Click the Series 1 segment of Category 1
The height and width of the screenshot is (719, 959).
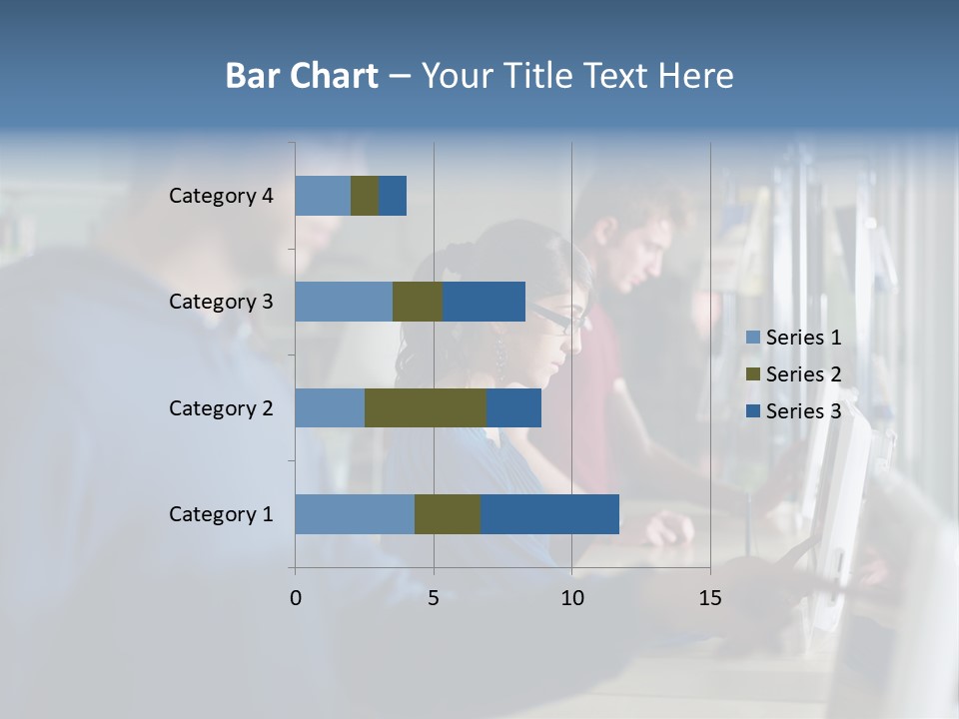pos(355,514)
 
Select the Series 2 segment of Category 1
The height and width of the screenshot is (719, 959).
pos(448,514)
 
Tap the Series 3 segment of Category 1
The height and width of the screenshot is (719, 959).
pos(549,514)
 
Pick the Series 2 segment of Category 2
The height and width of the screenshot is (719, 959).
pos(426,407)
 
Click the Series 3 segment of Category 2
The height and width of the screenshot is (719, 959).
pos(513,407)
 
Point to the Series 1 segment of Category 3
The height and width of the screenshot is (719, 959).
pos(344,302)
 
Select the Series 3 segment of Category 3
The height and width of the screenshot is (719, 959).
pos(483,302)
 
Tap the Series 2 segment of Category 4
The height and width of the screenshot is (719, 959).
pos(365,196)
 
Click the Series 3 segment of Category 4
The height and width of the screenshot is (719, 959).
pos(393,196)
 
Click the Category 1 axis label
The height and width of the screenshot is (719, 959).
pos(221,514)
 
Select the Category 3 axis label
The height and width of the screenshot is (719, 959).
pos(221,302)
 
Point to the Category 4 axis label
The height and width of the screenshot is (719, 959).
pos(221,196)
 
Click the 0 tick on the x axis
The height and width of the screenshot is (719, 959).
pos(295,598)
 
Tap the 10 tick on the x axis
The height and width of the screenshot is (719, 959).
pos(571,598)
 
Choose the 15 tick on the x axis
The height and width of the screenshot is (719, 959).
pos(709,598)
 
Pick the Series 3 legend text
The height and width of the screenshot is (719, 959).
pos(803,411)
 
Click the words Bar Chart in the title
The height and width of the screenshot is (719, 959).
pos(302,76)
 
